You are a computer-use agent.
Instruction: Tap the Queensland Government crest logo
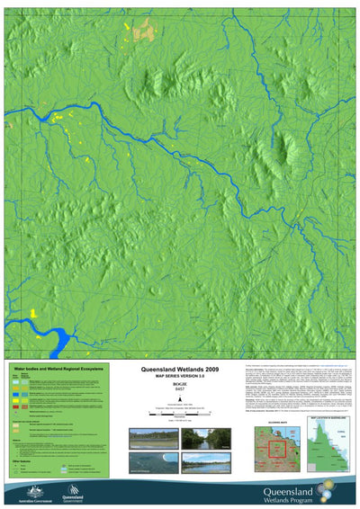point(71,491)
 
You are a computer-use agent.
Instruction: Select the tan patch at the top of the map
point(140,32)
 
